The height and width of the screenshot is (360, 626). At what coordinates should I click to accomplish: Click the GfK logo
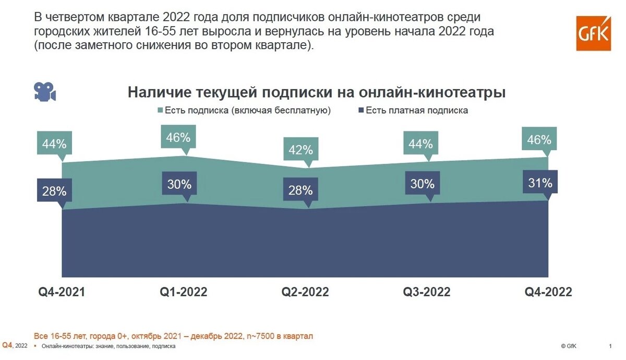(x=593, y=33)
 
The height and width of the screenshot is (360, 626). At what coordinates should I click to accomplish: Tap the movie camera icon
(x=45, y=91)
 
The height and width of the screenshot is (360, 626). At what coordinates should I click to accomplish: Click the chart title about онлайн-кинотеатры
(x=317, y=93)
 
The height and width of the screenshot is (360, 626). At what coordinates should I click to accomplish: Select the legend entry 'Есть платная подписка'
(x=416, y=111)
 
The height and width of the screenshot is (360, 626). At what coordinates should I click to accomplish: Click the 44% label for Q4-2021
(x=54, y=143)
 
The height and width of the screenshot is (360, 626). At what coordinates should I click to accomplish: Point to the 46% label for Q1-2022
(x=179, y=138)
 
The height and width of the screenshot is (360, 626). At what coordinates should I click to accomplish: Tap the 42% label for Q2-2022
(x=300, y=150)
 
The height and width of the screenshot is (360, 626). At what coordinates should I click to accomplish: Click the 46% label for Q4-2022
(x=539, y=140)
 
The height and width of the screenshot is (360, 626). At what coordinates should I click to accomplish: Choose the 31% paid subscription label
(x=539, y=183)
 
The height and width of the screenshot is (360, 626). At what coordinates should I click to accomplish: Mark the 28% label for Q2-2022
(x=300, y=190)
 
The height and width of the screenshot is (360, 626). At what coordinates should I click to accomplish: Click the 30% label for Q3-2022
(x=422, y=184)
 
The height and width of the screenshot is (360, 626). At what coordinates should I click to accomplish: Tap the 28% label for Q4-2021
(x=54, y=191)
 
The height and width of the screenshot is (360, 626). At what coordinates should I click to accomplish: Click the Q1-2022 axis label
(x=183, y=292)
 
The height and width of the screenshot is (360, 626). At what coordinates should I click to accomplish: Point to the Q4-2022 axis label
(x=548, y=292)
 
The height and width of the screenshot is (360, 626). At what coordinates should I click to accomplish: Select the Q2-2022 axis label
(x=305, y=292)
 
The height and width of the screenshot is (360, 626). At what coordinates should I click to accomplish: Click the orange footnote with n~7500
(x=173, y=336)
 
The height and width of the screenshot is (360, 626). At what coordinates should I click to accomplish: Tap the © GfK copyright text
(x=569, y=346)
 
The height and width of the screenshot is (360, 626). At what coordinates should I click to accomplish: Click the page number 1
(x=610, y=346)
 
